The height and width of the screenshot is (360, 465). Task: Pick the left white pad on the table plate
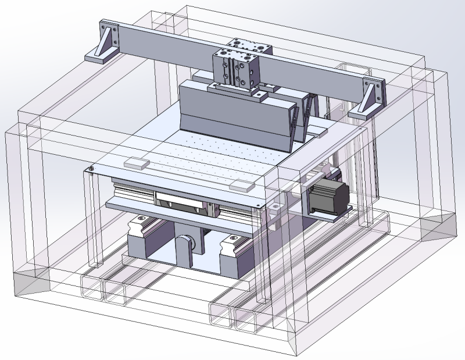click(136, 163)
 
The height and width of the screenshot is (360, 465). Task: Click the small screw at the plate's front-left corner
click(92, 169)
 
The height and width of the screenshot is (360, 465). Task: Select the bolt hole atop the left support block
click(141, 220)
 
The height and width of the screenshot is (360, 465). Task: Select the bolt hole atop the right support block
click(233, 238)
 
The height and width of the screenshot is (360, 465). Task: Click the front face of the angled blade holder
click(233, 116)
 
